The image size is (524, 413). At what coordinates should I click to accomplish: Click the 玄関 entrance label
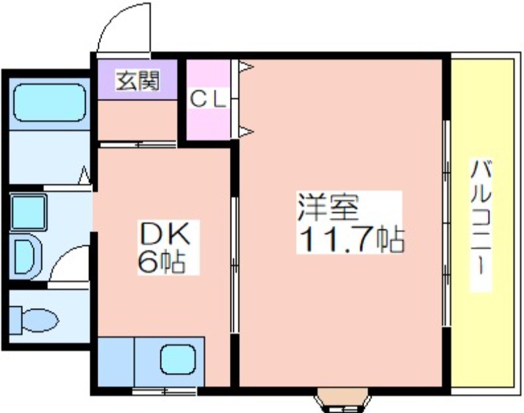pos(138,81)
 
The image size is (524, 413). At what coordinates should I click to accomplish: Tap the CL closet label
pos(208,99)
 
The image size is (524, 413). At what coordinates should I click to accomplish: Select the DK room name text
pos(166,233)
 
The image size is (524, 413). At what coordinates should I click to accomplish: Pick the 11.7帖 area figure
pos(352,240)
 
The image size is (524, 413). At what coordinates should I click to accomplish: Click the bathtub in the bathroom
pos(50,102)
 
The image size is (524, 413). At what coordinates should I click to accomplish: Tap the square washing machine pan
pos(28,212)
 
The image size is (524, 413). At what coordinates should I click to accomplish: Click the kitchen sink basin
pos(178,359)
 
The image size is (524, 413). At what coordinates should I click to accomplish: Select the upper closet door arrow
pos(246,67)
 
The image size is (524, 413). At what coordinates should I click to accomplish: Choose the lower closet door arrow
pos(246,131)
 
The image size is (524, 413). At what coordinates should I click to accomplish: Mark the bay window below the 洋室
pos(343,401)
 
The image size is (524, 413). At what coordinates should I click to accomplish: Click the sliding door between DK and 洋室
pos(235,265)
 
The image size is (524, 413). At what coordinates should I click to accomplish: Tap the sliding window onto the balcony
pos(447,223)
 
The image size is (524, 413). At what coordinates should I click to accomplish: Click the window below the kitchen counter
pos(164,391)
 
